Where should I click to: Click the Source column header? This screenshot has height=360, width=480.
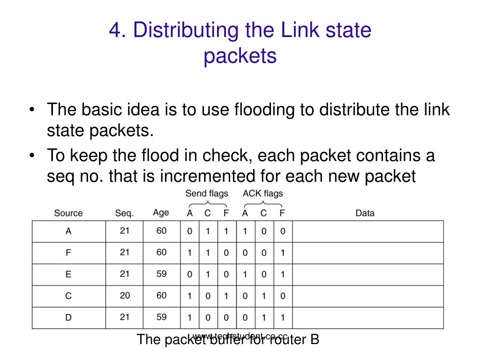click(x=68, y=213)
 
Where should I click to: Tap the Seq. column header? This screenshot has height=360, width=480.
click(x=124, y=213)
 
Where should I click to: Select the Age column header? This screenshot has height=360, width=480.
click(x=161, y=212)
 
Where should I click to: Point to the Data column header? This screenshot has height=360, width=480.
click(x=365, y=213)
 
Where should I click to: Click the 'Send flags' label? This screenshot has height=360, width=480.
click(x=207, y=193)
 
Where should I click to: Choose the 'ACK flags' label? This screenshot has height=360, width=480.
click(x=262, y=193)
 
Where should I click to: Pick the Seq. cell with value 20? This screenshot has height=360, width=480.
click(x=124, y=296)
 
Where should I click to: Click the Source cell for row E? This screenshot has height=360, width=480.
click(x=68, y=275)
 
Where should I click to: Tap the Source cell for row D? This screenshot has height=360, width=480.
click(x=68, y=318)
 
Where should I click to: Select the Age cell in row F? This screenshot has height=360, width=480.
click(x=161, y=252)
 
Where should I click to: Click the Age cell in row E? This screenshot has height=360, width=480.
click(x=161, y=274)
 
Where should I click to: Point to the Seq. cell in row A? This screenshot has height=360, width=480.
click(x=124, y=231)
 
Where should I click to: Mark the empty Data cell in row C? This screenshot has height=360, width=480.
click(x=367, y=296)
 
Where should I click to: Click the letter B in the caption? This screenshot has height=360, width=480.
click(x=315, y=339)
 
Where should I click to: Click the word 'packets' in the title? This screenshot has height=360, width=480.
click(x=240, y=56)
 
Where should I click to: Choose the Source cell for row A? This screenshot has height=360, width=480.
click(x=68, y=231)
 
